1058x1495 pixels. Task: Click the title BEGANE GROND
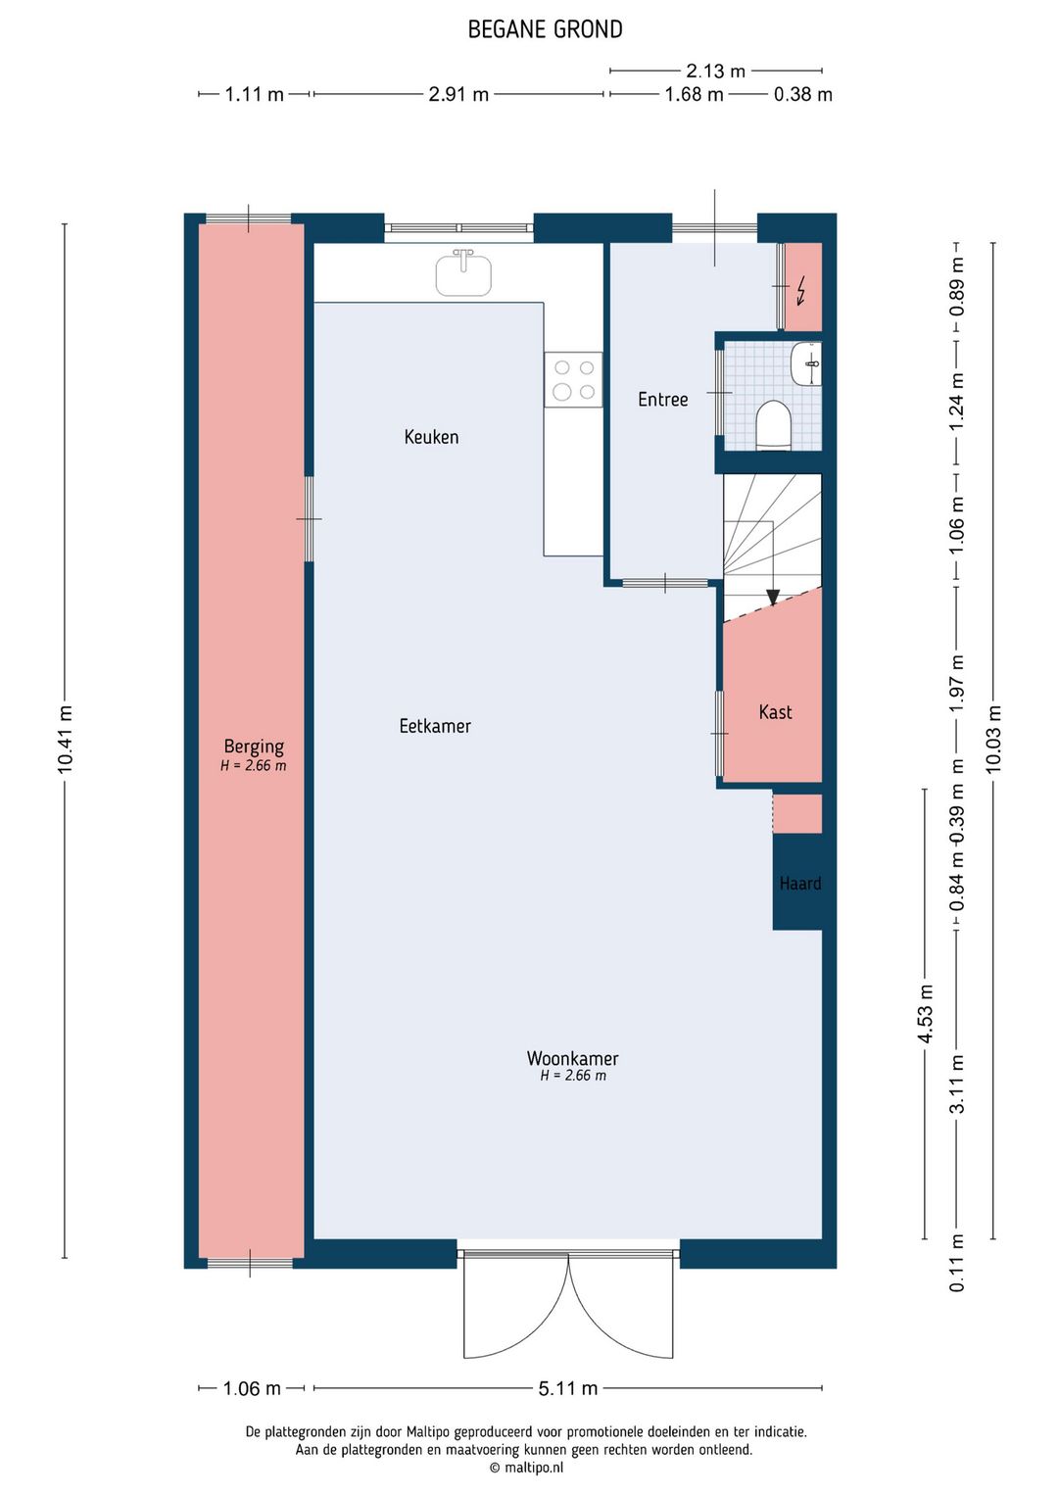coord(545,29)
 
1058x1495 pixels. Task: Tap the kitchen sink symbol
coord(463,273)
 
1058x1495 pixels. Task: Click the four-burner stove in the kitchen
coord(573,379)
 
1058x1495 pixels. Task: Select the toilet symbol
coord(773,424)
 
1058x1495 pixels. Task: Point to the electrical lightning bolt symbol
coord(800,292)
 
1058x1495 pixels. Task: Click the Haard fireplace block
coord(797,882)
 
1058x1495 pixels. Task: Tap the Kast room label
coord(775,712)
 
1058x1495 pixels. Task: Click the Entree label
coord(662,399)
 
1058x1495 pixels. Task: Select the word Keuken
coord(431,437)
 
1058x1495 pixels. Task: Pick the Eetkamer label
coord(435,726)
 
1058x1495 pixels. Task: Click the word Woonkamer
coord(572,1058)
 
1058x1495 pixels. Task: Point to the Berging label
coord(254,747)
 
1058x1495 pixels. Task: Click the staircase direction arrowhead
coord(773,597)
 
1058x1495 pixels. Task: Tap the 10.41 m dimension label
coord(65,740)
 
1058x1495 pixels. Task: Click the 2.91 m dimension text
coord(457,94)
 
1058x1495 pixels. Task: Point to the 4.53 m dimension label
coord(925,1013)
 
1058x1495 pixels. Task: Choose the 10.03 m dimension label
coord(993,739)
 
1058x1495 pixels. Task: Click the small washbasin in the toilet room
coord(806,363)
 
